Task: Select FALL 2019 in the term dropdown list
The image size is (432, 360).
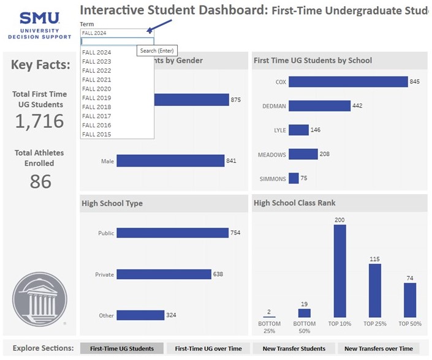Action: pyautogui.click(x=97, y=98)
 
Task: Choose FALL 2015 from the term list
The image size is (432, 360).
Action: pyautogui.click(x=97, y=134)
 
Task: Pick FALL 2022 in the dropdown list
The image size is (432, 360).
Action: pyautogui.click(x=97, y=70)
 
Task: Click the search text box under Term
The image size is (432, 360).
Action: pyautogui.click(x=116, y=42)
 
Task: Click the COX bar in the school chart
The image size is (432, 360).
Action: pyautogui.click(x=348, y=82)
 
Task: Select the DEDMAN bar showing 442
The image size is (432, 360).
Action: pyautogui.click(x=319, y=106)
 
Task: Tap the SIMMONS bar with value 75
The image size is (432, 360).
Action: pyautogui.click(x=294, y=178)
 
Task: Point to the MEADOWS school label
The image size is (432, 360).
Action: pyautogui.click(x=271, y=154)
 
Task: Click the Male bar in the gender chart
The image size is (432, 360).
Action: pyautogui.click(x=170, y=161)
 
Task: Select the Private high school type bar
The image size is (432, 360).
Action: pyautogui.click(x=164, y=274)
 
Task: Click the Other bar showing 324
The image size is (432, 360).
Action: pyautogui.click(x=140, y=315)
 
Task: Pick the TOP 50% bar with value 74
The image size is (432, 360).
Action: pyautogui.click(x=409, y=300)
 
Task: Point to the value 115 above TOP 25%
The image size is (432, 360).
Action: pyautogui.click(x=374, y=259)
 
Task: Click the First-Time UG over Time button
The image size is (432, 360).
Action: pyautogui.click(x=208, y=348)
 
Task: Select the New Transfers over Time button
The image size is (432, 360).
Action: pyautogui.click(x=378, y=348)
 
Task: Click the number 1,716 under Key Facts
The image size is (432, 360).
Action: pyautogui.click(x=39, y=121)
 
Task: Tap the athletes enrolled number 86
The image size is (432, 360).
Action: pyautogui.click(x=40, y=181)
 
